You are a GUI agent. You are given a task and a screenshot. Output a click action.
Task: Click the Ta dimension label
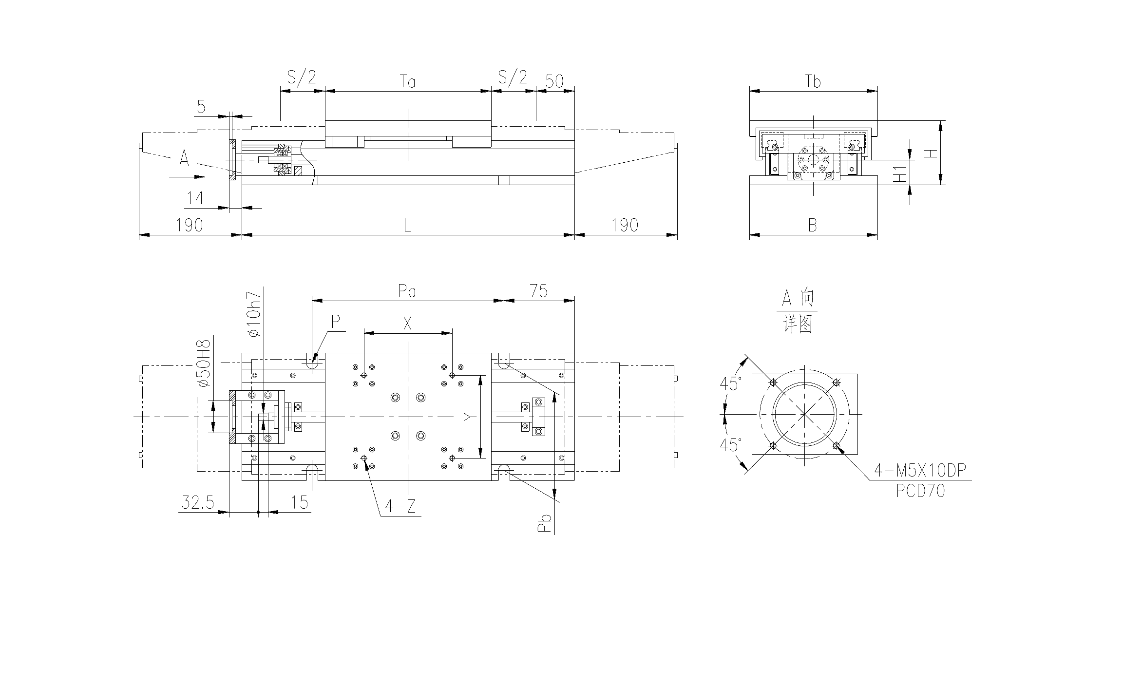408,81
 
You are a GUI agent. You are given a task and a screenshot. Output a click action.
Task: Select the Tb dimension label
813,81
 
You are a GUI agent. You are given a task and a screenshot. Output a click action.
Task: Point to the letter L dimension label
407,225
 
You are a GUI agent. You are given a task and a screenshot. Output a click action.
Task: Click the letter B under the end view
812,225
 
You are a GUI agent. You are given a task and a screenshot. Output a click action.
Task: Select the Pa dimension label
407,291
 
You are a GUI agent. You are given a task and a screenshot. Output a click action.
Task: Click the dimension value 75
539,291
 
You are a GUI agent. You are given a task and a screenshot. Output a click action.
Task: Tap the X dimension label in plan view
407,324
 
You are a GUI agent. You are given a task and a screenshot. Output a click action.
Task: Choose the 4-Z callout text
400,507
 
